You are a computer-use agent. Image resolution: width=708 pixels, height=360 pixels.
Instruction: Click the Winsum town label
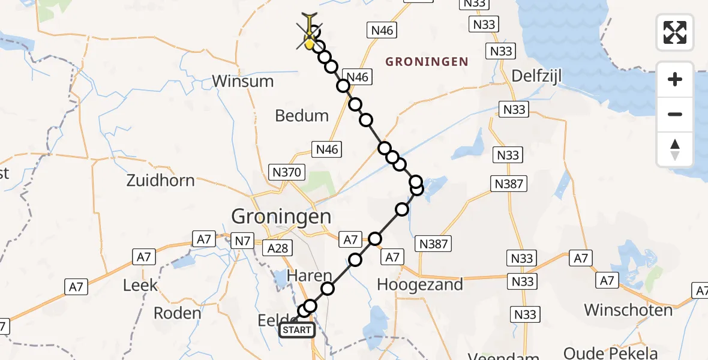(x=242, y=81)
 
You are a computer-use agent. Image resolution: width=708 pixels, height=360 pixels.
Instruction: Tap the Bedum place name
(x=302, y=115)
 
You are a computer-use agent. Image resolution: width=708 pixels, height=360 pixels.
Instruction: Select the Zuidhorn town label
(x=161, y=180)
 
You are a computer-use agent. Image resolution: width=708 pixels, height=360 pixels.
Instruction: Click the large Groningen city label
(x=281, y=216)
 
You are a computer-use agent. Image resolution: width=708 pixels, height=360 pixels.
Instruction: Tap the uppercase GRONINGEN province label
(x=427, y=61)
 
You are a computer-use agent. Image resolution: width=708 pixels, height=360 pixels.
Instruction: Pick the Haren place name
(x=309, y=276)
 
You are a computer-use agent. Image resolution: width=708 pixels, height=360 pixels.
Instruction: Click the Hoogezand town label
(x=420, y=284)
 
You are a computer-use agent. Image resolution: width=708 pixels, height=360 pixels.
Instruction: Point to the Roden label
(x=178, y=313)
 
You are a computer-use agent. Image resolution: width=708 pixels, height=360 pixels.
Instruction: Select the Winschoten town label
(x=628, y=310)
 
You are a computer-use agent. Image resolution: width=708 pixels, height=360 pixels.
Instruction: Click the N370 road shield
(x=287, y=173)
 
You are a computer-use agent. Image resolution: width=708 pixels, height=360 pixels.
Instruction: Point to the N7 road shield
(x=242, y=241)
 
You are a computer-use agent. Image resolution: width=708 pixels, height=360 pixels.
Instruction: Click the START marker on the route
(x=297, y=329)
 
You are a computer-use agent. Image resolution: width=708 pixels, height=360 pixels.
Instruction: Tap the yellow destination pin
(x=310, y=40)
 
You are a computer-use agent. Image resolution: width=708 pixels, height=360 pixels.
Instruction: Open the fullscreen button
(x=675, y=32)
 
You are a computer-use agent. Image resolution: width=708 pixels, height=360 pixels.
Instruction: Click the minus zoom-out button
(x=675, y=114)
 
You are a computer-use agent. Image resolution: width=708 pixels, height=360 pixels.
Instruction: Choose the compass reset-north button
(x=675, y=149)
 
